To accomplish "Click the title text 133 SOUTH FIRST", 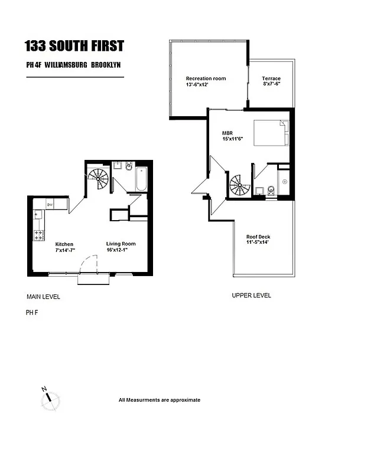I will pyautogui.click(x=74, y=46).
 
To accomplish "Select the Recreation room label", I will pyautogui.click(x=206, y=78).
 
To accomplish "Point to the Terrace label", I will pyautogui.click(x=271, y=78).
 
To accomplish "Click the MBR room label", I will pyautogui.click(x=227, y=133).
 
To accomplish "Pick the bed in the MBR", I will pyautogui.click(x=271, y=133).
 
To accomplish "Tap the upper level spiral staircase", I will pyautogui.click(x=240, y=185).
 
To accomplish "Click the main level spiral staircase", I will pyautogui.click(x=98, y=175).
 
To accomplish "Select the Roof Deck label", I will pyautogui.click(x=258, y=237).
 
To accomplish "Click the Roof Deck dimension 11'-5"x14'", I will pyautogui.click(x=258, y=243).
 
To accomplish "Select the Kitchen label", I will pyautogui.click(x=64, y=244).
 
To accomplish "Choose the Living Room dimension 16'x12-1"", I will pyautogui.click(x=121, y=250).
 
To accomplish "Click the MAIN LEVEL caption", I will pyautogui.click(x=43, y=297).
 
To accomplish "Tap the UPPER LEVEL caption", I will pyautogui.click(x=251, y=296).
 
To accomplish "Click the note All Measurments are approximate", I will pyautogui.click(x=160, y=400).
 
